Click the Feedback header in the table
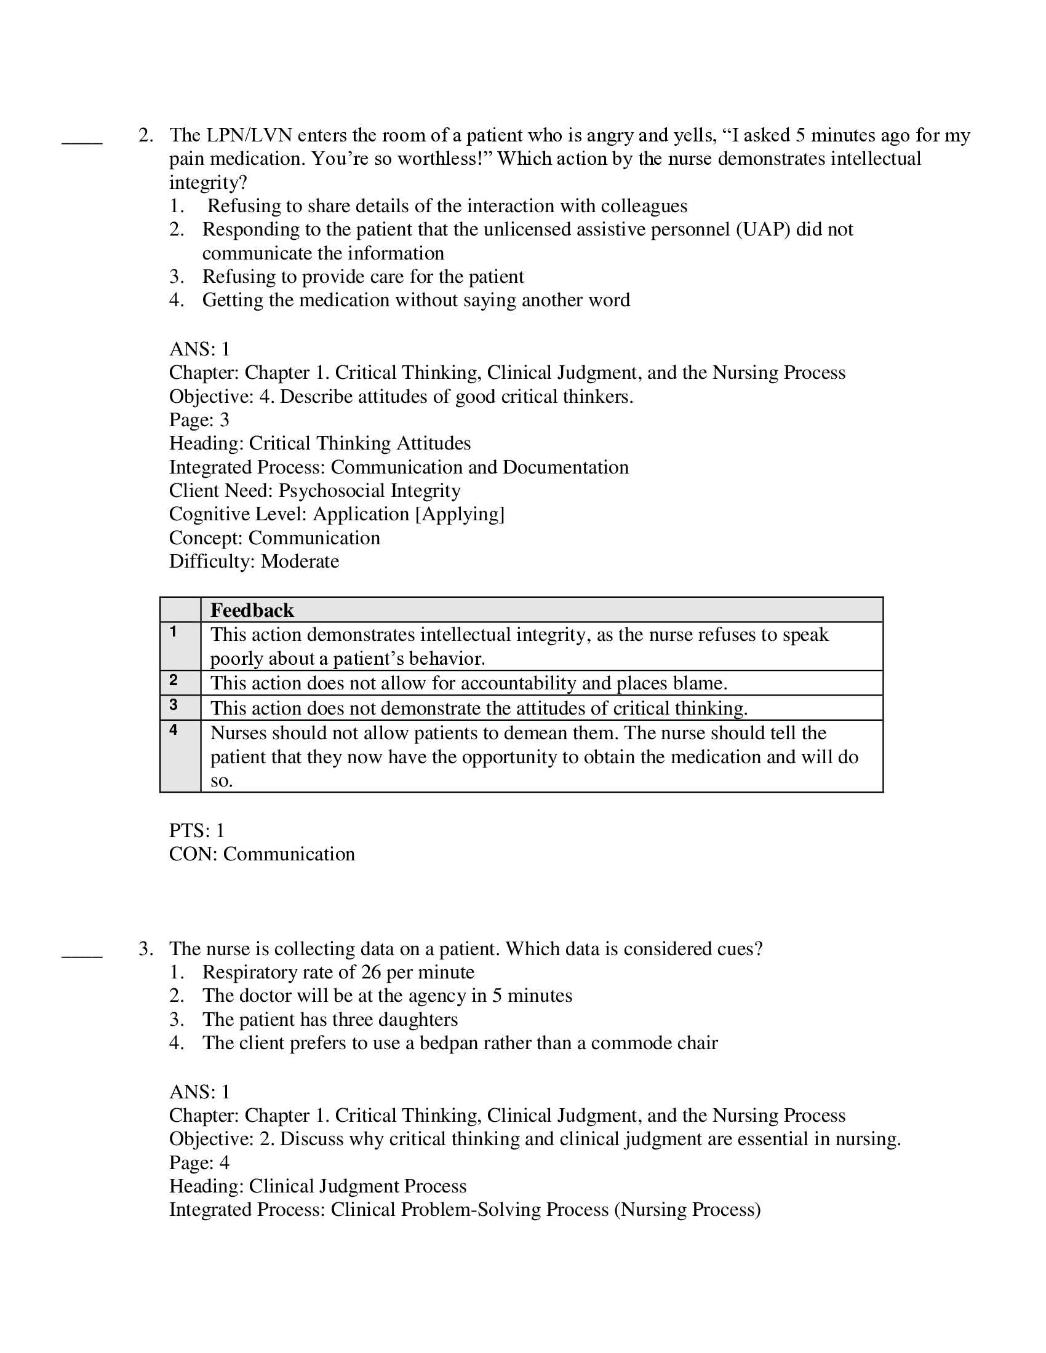coord(252,610)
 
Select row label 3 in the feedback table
coord(174,705)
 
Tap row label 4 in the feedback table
coord(174,730)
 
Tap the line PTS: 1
coord(197,830)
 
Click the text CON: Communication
coord(261,854)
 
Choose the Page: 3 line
coord(199,420)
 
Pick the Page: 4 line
coord(199,1162)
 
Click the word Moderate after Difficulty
coord(300,561)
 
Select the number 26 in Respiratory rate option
coord(370,972)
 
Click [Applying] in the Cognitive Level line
coord(459,514)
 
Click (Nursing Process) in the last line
coord(687,1209)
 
